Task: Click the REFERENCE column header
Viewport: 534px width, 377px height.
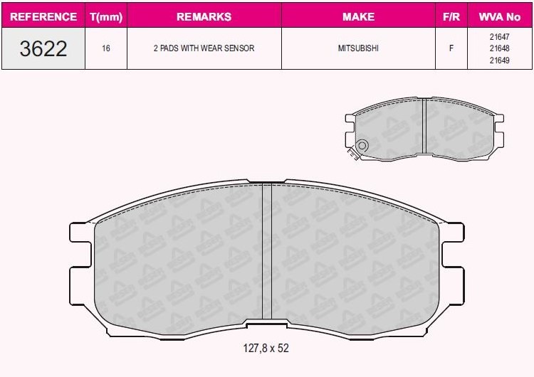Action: click(x=43, y=16)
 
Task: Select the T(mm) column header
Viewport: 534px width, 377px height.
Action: click(x=106, y=16)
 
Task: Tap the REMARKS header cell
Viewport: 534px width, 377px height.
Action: click(x=204, y=16)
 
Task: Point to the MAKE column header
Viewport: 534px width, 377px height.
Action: click(x=358, y=16)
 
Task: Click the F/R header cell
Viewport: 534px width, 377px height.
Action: click(x=451, y=16)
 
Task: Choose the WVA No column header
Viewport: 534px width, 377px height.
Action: click(x=500, y=16)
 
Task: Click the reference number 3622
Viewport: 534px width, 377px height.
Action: click(x=43, y=48)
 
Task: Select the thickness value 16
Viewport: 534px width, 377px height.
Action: click(x=106, y=48)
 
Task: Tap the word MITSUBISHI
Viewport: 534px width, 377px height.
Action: click(x=358, y=48)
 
